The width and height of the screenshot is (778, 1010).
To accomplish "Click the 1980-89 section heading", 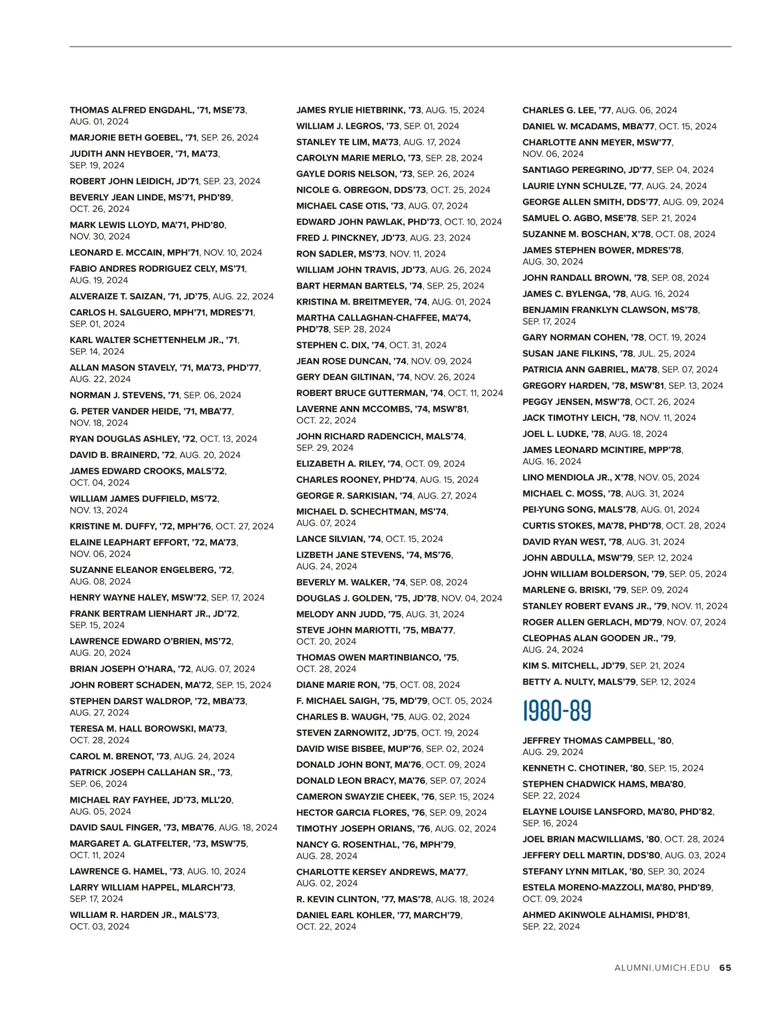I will tap(557, 711).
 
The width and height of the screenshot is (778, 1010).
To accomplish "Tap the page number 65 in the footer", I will tap(725, 968).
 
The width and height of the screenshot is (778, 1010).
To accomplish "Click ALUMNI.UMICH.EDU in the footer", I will tap(662, 968).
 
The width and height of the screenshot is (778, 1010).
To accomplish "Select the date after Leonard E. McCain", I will tap(233, 253).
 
